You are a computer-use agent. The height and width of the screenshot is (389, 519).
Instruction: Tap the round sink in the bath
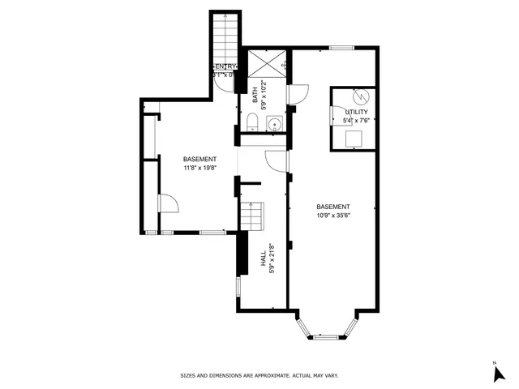274,124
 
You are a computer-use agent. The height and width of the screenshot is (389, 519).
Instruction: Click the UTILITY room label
356,112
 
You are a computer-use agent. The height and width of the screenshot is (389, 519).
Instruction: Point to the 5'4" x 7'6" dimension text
356,121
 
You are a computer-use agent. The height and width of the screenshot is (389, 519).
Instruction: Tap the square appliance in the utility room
354,139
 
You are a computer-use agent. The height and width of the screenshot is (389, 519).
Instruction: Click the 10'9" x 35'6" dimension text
332,215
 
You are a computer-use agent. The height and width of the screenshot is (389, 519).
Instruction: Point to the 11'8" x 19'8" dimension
199,168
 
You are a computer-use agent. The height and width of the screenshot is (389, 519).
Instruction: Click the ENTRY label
225,66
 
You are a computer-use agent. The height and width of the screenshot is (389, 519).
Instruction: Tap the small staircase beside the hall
251,216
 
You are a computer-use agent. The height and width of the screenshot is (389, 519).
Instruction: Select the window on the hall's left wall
238,286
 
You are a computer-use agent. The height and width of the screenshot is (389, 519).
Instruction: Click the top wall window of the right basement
339,46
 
